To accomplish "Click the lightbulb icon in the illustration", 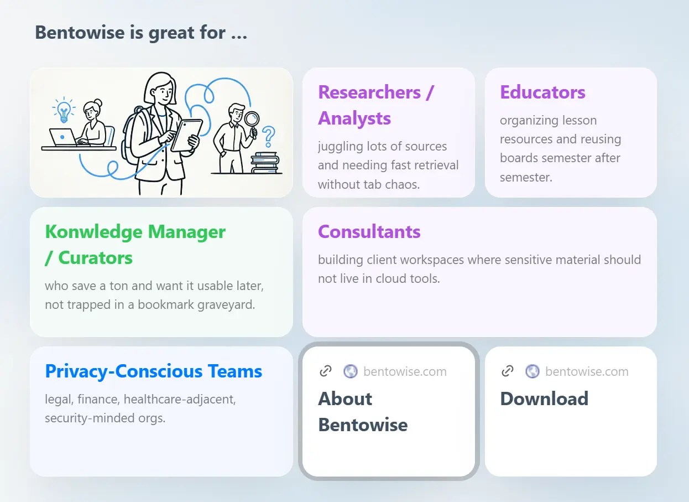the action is pos(64,110).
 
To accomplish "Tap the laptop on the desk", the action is pos(64,137).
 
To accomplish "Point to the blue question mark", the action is pos(269,137).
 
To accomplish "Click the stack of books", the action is pos(265,163).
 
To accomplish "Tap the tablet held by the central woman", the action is pos(186,136).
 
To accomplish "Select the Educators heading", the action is pos(542,92).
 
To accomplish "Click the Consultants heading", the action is pos(369,231).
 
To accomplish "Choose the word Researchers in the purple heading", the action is pos(369,92).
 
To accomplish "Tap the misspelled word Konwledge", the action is pos(95,231).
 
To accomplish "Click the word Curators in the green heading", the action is pos(95,257).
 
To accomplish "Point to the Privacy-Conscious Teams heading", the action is pos(154,371).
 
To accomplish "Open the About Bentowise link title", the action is pos(363,412).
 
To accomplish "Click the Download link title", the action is pos(544,399).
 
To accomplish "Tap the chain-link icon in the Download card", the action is pos(508,371).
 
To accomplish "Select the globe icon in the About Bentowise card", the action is pos(351,371).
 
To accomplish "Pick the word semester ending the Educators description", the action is pos(526,177).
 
